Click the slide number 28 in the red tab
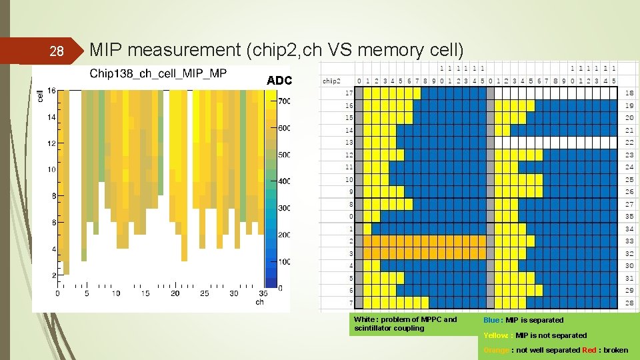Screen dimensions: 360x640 57,51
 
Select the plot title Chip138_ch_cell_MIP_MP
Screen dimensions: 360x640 158,73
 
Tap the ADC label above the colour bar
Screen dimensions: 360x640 279,81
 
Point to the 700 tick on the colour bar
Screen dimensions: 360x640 284,101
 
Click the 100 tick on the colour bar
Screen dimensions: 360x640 284,261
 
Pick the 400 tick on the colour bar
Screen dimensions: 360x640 284,181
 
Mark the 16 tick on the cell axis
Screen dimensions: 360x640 51,91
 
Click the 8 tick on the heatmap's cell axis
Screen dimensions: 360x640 53,196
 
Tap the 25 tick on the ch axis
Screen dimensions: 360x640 204,293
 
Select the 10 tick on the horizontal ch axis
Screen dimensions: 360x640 116,293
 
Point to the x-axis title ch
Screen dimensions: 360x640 259,302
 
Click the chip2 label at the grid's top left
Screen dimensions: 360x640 331,81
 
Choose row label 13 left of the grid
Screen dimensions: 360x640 349,143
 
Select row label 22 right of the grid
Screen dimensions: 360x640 629,143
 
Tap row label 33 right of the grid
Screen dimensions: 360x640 629,241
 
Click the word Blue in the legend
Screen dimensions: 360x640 492,320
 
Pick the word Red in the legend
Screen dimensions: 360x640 590,350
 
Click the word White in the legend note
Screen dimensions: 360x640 365,319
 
